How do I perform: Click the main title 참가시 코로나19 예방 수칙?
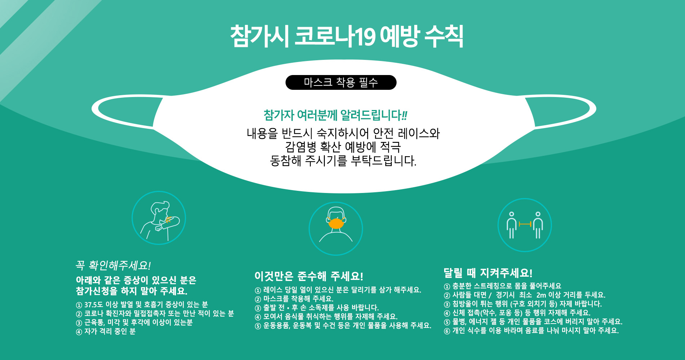point(347,36)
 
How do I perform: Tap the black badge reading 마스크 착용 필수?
point(341,82)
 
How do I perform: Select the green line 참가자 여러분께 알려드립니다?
point(335,115)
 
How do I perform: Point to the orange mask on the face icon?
point(336,223)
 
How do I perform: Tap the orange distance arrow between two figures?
point(525,224)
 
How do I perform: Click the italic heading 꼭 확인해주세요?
point(113,265)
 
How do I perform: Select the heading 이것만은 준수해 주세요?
point(309,276)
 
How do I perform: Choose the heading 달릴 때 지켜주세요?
point(488,273)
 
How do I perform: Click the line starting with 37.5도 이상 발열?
point(142,305)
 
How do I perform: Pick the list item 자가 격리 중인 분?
point(106,332)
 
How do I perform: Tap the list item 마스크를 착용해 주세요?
point(294,299)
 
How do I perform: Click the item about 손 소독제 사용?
point(317,308)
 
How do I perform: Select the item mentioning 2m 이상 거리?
point(525,295)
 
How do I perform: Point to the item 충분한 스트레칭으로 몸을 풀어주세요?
point(503,286)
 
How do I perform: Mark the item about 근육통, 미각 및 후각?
point(134,322)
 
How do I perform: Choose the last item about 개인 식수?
point(531,331)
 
